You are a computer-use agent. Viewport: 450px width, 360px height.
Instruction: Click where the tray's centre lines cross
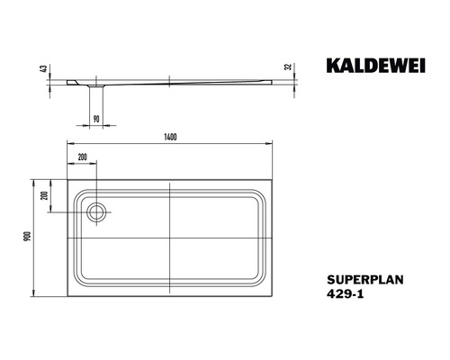(171, 235)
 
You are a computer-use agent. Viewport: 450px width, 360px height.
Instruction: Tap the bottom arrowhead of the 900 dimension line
(34, 297)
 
